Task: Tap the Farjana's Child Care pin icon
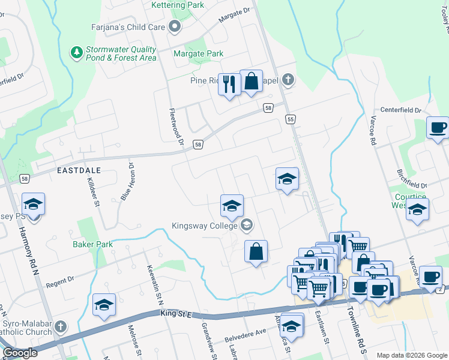175,26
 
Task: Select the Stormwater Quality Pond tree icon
77,53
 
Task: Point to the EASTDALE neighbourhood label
79,171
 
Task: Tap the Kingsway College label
205,226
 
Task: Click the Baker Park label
92,245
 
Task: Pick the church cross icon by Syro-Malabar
60,327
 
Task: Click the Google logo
20,353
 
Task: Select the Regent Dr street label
61,279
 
